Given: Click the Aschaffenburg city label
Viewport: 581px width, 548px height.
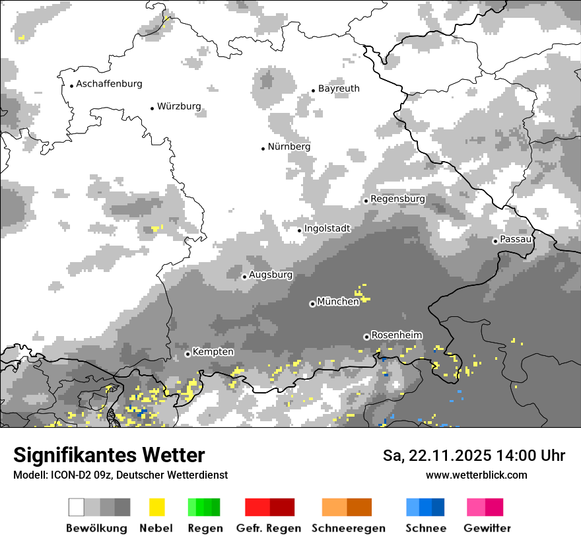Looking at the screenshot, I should point(109,84).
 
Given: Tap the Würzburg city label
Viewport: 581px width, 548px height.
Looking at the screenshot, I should point(179,106).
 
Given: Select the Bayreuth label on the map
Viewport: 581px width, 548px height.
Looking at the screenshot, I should point(339,88).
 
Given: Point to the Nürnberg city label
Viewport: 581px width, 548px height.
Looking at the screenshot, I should point(289,147).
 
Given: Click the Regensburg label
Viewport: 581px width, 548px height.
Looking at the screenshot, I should point(397,199).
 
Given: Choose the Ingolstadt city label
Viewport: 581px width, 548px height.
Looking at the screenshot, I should point(327,228).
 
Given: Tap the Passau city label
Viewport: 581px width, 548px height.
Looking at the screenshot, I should point(516,239).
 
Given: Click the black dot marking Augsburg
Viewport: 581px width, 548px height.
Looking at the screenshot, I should point(244,277).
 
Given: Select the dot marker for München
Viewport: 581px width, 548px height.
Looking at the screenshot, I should point(312,304).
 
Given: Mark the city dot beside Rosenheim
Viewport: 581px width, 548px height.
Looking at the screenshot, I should point(366,337).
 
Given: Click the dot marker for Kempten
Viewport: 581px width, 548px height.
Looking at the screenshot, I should point(188,354).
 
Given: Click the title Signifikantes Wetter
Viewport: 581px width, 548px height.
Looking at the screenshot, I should point(109,456).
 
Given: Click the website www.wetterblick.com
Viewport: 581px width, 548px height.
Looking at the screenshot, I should point(476,475).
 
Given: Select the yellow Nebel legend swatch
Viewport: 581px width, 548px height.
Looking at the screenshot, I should point(156,507).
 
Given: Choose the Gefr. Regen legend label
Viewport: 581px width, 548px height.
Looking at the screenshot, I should point(268,528).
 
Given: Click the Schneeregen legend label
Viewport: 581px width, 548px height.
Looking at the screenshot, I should point(348,528).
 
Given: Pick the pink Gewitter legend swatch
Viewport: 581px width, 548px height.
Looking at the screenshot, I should point(476,507).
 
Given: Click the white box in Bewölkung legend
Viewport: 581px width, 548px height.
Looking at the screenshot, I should point(77,507).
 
